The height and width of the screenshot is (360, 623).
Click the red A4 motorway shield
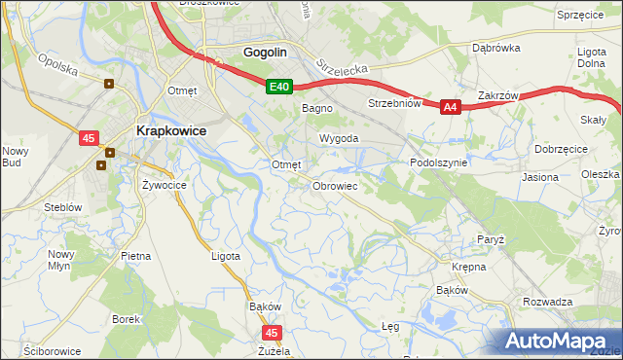[x=449, y=108]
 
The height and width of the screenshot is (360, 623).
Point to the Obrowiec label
[x=335, y=185]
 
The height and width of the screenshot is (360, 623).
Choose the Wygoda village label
[x=340, y=139]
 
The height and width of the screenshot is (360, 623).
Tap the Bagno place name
[x=317, y=108]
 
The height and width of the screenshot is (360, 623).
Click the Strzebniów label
[x=393, y=103]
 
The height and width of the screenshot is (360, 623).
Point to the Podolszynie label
[x=439, y=163]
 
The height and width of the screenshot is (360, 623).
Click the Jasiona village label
[x=540, y=177]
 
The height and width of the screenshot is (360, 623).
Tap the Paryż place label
[x=490, y=238]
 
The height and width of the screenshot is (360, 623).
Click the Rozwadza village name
[x=547, y=302]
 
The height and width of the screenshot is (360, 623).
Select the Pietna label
[x=135, y=256]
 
